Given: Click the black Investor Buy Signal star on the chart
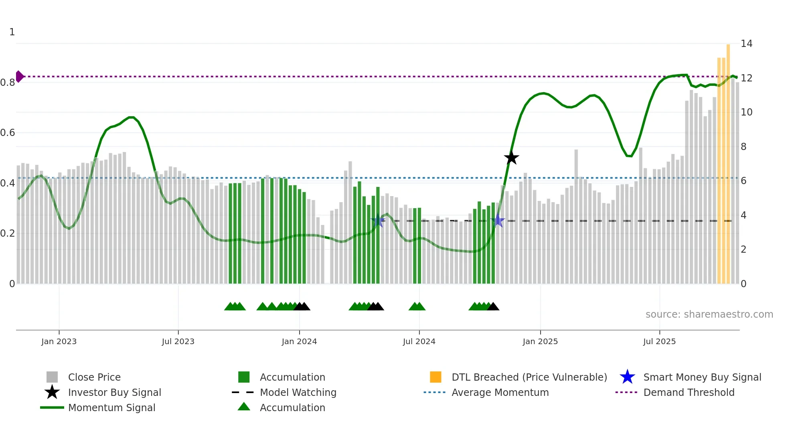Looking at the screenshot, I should coord(511,158).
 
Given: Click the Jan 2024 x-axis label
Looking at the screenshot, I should coord(299,341).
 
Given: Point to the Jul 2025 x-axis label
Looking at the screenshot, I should coord(659,341).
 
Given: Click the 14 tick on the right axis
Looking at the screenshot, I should coord(746,43).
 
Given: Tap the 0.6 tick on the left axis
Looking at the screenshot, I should coord(8,133).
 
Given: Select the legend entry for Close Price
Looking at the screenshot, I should coord(94,377).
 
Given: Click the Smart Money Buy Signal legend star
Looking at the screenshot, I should coord(627,377).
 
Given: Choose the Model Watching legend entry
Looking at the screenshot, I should coord(298,392).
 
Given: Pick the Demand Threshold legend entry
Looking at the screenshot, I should coord(689,392).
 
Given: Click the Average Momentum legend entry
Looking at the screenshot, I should coord(500,392).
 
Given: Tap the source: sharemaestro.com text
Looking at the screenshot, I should coord(709,314).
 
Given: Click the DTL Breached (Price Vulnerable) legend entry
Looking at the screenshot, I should coord(529,377).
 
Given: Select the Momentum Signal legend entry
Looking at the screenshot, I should coord(111,408).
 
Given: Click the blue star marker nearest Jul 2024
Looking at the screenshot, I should coord(378,221).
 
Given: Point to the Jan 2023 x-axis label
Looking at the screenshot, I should coord(59,341).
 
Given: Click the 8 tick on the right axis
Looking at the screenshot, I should coord(743,146).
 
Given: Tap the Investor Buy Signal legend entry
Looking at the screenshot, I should coord(114,392).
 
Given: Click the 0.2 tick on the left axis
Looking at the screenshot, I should coord(8,233).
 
